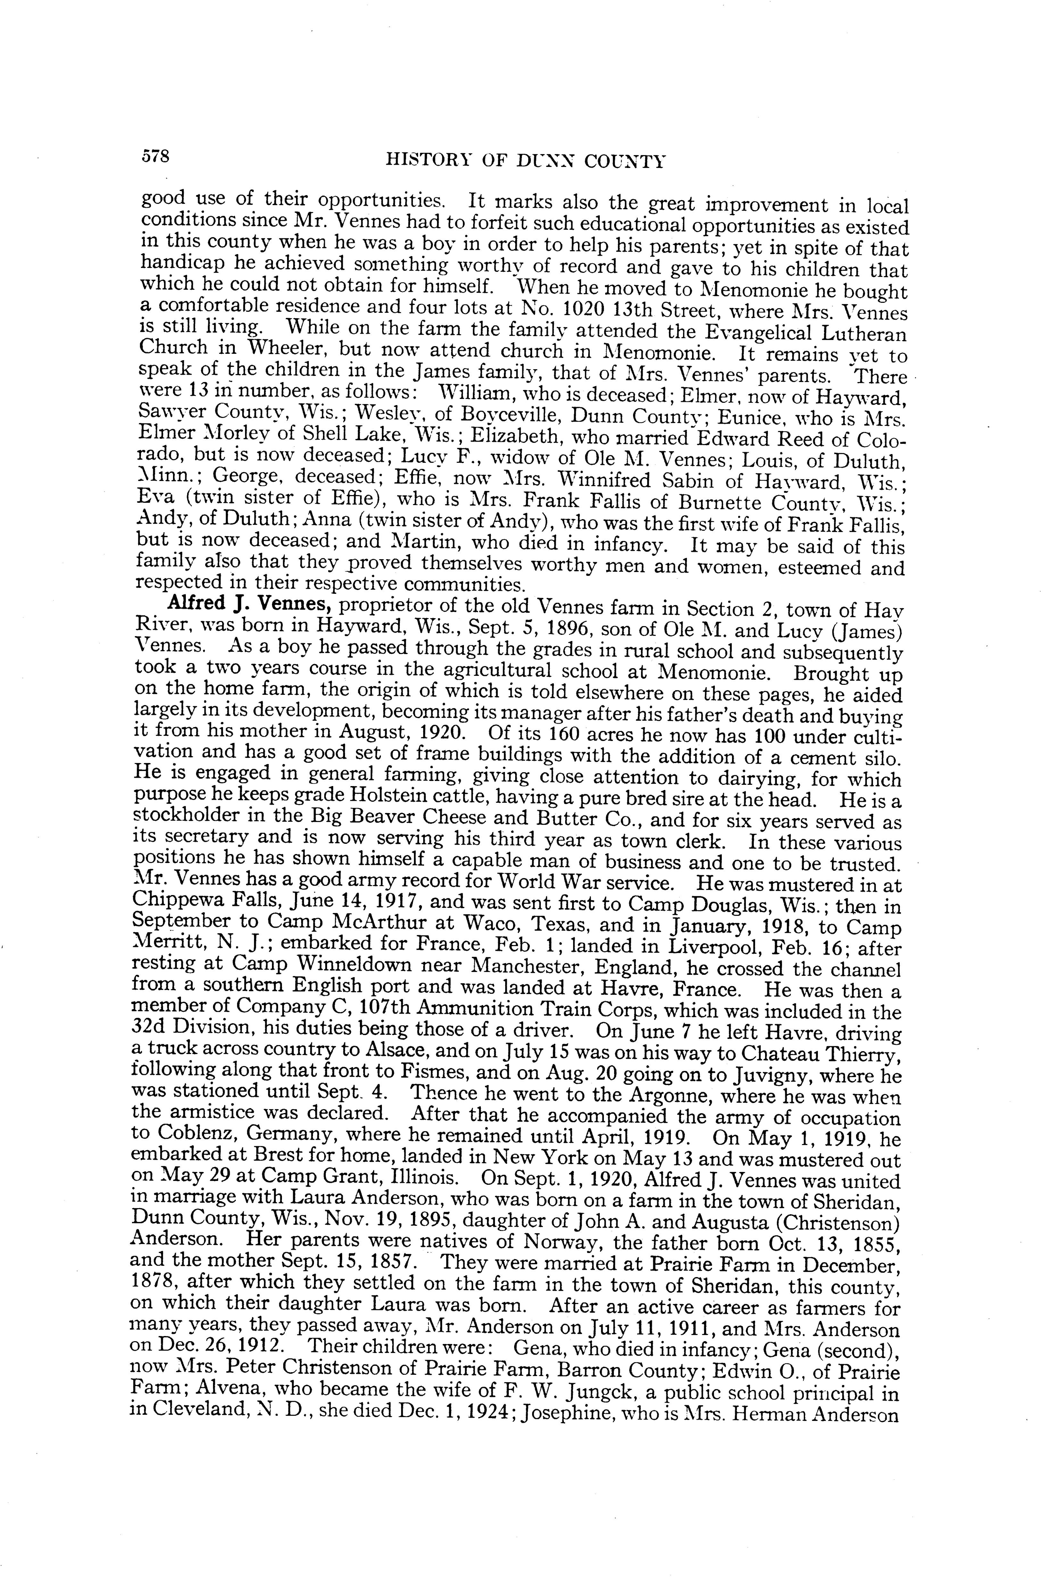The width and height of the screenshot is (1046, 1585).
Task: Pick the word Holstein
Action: (x=366, y=798)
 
